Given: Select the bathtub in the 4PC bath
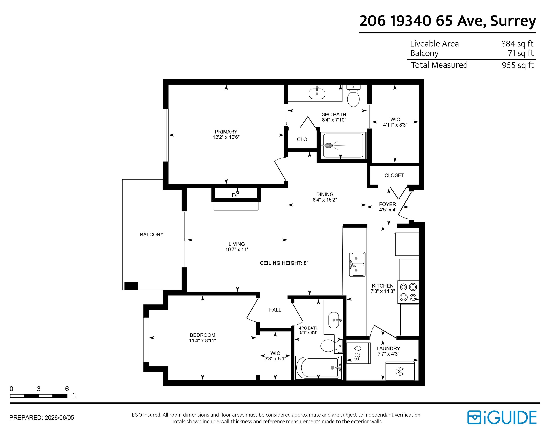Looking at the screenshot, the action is pos(318,368).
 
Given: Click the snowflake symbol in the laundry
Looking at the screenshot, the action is pos(400,371).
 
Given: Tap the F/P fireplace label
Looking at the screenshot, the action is pos(236,195).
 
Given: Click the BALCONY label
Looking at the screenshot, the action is pos(152,235).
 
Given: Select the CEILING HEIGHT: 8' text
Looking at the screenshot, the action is pos(284,263).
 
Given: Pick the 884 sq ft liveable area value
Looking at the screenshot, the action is pos(517,44).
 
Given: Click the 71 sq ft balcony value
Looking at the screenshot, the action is pos(521,53).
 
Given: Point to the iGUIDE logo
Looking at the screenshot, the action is pos(502,417).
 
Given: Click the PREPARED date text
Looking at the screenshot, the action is pos(42,418).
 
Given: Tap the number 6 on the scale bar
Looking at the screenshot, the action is pos(67,389).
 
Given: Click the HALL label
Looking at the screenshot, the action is pos(275,310).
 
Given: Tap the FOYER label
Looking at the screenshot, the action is pos(387,205).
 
